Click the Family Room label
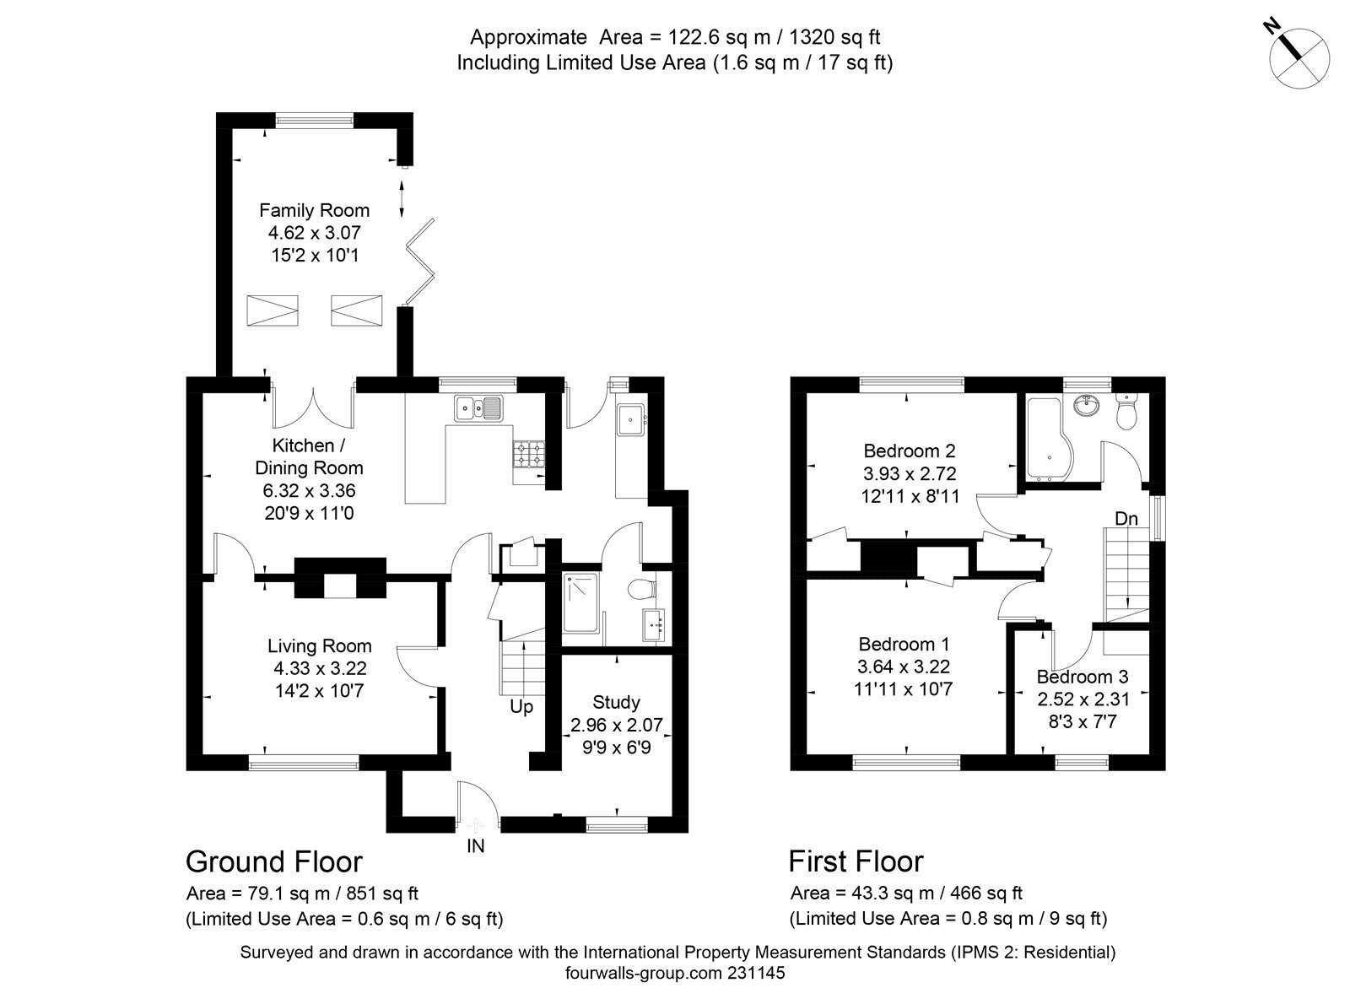(314, 210)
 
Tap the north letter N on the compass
(1271, 42)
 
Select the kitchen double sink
(478, 408)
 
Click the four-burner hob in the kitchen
(528, 455)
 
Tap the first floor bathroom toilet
(1125, 411)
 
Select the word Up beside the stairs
(521, 706)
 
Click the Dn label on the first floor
(1126, 518)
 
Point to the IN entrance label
(475, 846)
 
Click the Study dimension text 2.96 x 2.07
(616, 725)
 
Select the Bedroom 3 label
(1083, 677)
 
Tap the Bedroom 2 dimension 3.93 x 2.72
(910, 474)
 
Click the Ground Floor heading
(273, 862)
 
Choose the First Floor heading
(856, 861)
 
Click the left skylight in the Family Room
(273, 310)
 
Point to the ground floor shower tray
(580, 602)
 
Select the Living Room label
(320, 646)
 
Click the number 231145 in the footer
(756, 972)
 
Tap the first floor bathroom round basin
(1088, 406)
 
